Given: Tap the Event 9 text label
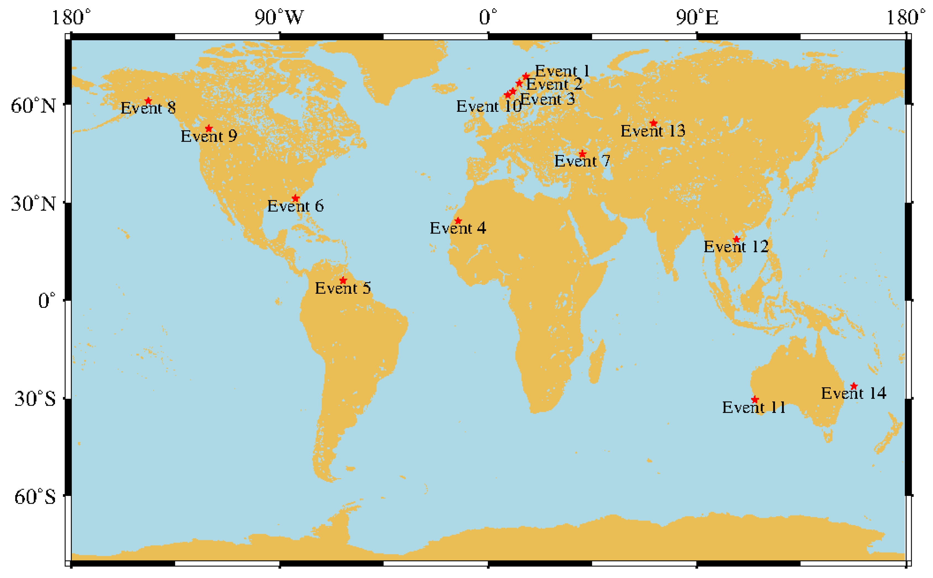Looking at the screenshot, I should click(x=209, y=136).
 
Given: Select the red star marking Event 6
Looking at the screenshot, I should click(x=295, y=198).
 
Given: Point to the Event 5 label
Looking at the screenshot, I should click(x=343, y=288).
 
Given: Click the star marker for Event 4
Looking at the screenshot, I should click(x=458, y=221).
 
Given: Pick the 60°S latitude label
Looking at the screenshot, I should click(x=35, y=497).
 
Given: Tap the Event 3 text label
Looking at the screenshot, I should click(x=547, y=99).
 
